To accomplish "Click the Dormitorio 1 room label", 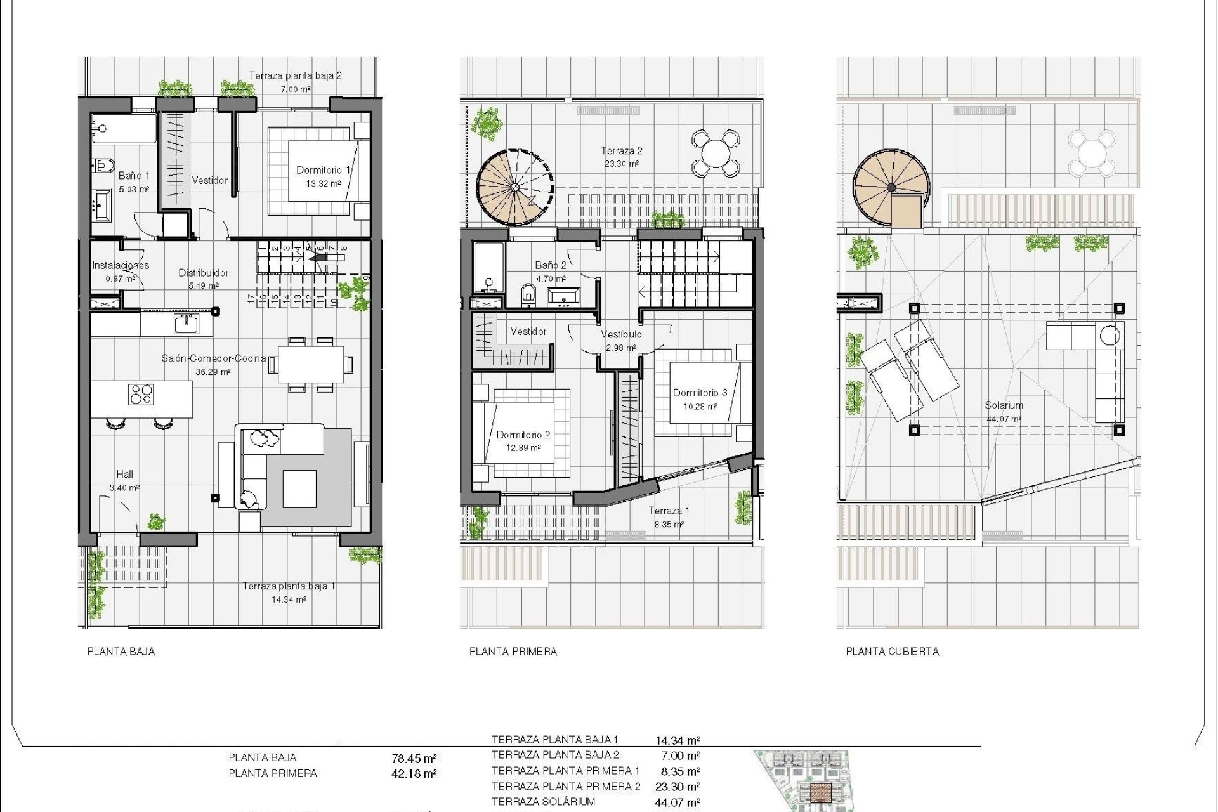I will [x=324, y=170].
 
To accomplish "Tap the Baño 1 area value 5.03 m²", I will [x=134, y=189].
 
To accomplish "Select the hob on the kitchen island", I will [x=141, y=395].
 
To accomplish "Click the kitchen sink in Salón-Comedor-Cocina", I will [x=186, y=324].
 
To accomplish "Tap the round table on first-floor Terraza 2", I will [x=715, y=153].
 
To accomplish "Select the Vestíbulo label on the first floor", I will [x=621, y=334].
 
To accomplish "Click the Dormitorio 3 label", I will [x=700, y=393].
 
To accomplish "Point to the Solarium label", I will [x=1004, y=405].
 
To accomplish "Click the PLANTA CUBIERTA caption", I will [x=892, y=652].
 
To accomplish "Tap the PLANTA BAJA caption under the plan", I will [x=121, y=652].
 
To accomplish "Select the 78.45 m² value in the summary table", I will [x=414, y=758].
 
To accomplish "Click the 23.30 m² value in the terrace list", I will [x=678, y=787].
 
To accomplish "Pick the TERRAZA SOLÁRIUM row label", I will [x=543, y=802].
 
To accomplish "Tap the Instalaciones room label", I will [x=121, y=265].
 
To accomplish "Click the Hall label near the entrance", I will [x=124, y=474].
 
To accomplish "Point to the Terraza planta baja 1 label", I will [x=289, y=586].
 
